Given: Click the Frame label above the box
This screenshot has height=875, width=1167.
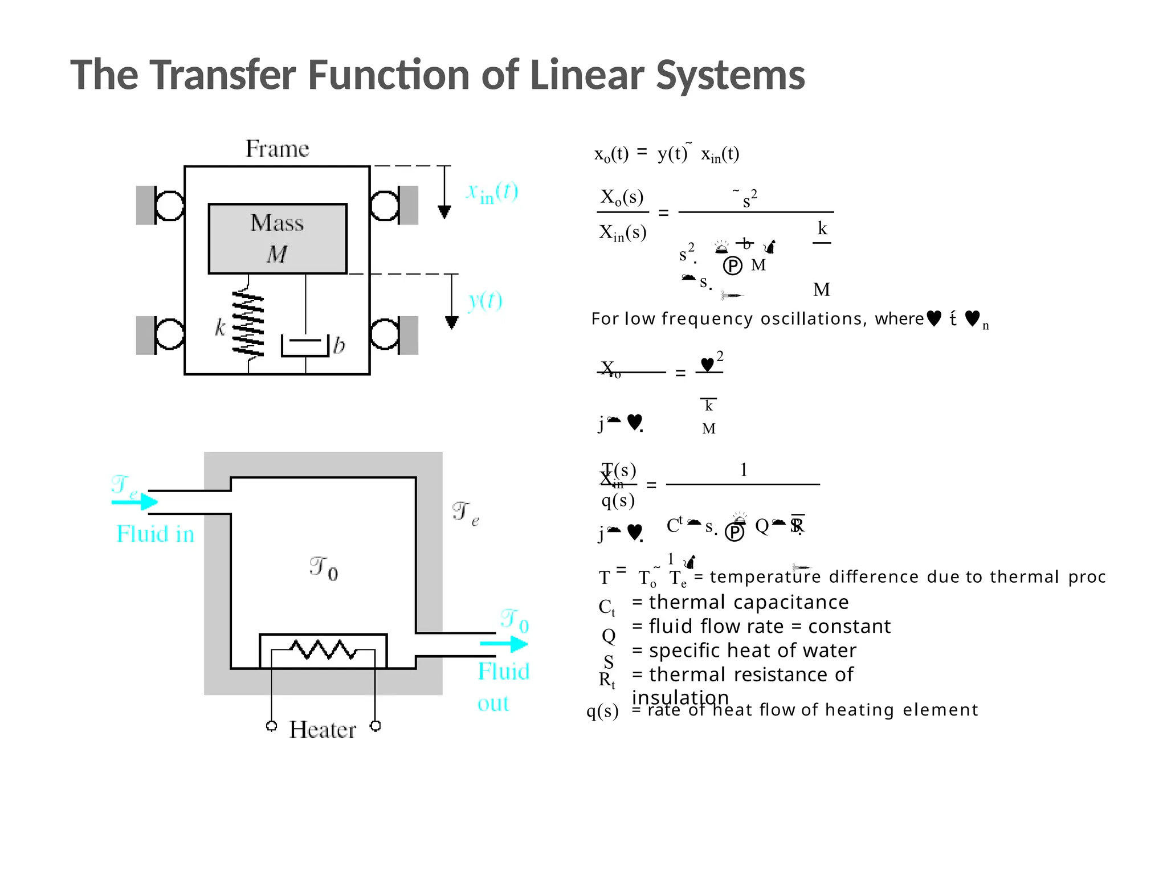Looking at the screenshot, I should point(277,149).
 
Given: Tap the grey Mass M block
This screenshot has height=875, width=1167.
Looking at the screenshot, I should point(278,239).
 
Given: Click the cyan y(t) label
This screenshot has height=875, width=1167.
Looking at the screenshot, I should point(485,300).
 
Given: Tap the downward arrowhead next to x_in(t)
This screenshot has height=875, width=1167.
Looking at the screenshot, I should point(444,212).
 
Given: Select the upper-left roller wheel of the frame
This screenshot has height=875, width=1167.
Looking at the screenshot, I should point(169,205).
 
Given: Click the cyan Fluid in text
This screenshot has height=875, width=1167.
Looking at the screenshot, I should point(155,534).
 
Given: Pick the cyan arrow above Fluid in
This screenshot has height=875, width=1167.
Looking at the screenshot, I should point(135,502).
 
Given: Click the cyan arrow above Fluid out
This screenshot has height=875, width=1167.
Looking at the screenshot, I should point(504,644).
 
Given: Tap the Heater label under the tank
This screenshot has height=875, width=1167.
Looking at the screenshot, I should point(323,730).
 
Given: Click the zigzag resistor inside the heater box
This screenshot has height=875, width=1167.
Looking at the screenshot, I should point(323,649).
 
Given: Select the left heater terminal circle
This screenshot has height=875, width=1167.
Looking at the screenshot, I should point(272,726).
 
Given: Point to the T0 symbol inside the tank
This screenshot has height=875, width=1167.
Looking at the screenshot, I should point(324,569).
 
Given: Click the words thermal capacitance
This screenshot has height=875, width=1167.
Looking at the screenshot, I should point(749,602).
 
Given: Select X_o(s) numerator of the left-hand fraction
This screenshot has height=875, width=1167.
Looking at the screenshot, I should point(622,197).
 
